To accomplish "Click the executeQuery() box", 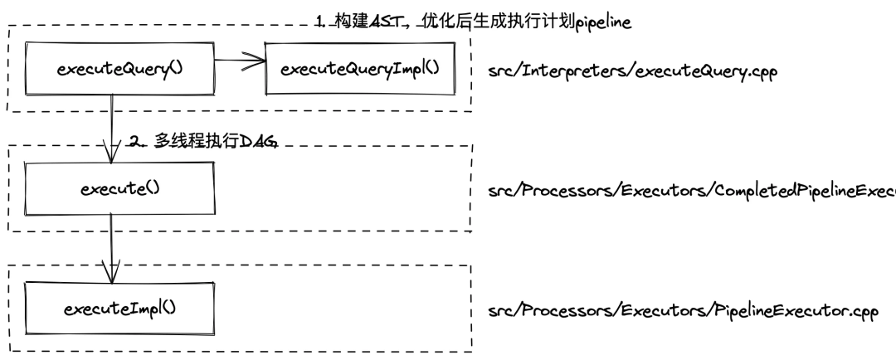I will tap(119, 69).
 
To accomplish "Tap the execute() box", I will tap(119, 188).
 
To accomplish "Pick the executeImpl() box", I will tap(119, 309).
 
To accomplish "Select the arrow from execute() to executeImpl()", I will tap(110, 248).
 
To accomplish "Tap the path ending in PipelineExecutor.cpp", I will tap(682, 314).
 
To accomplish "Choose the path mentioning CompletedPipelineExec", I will tap(694, 192).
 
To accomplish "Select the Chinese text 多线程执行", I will tap(194, 141).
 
